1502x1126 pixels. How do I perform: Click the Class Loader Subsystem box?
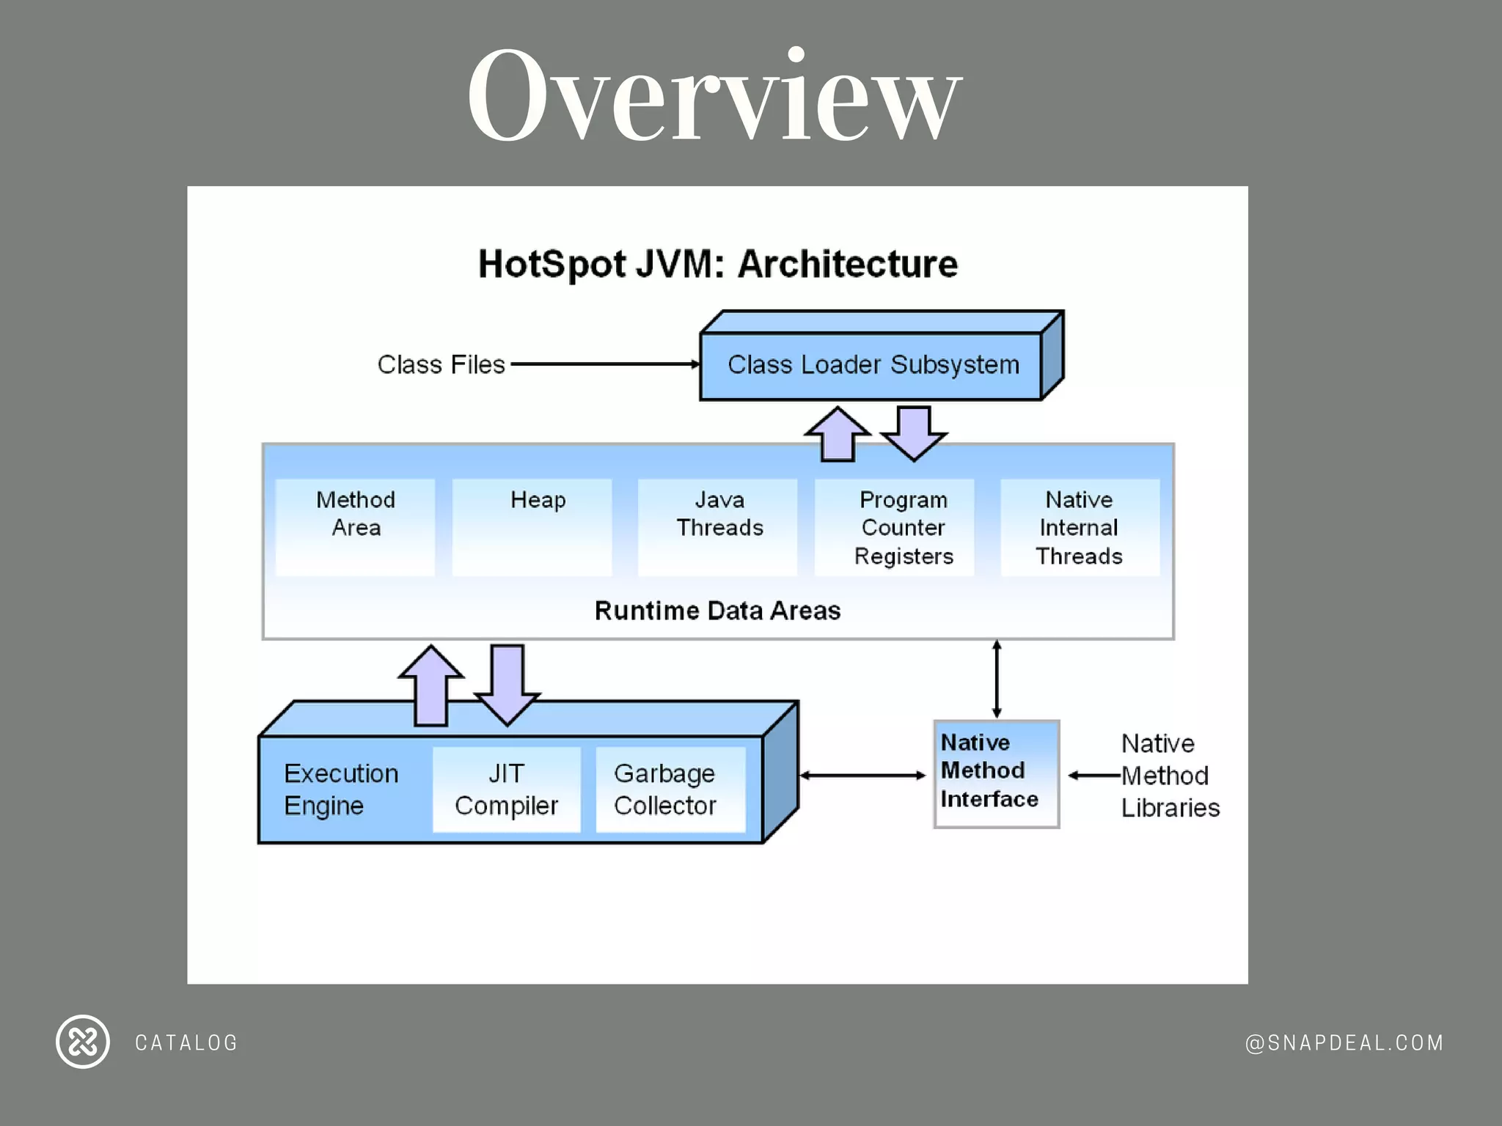873,365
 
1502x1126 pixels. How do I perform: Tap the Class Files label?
441,364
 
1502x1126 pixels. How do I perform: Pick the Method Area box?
356,526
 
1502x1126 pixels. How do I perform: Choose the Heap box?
532,526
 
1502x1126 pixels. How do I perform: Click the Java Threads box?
718,526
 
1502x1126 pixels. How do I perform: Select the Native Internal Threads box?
1080,527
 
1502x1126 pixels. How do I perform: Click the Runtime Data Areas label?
717,611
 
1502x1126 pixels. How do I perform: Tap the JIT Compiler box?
506,790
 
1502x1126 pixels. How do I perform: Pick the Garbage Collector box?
670,790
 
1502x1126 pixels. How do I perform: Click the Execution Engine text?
341,790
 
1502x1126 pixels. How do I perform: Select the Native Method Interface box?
996,773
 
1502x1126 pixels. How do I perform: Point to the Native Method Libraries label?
1169,776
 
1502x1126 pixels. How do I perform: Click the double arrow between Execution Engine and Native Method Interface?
863,775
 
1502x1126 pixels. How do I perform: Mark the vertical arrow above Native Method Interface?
996,679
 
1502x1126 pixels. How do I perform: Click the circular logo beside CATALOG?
83,1042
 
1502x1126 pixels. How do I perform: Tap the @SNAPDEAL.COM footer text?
1344,1042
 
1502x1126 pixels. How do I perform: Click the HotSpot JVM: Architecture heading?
717,264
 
